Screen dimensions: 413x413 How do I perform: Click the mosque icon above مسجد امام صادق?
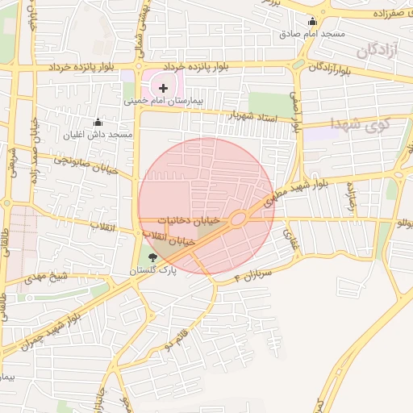pyautogui.click(x=312, y=21)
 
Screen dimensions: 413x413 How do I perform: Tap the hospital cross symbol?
pyautogui.click(x=164, y=87)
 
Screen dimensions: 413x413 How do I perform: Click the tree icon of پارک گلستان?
pyautogui.click(x=154, y=257)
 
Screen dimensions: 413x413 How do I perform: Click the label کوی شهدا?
pyautogui.click(x=360, y=123)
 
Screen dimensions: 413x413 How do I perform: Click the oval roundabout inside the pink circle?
pyautogui.click(x=238, y=219)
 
